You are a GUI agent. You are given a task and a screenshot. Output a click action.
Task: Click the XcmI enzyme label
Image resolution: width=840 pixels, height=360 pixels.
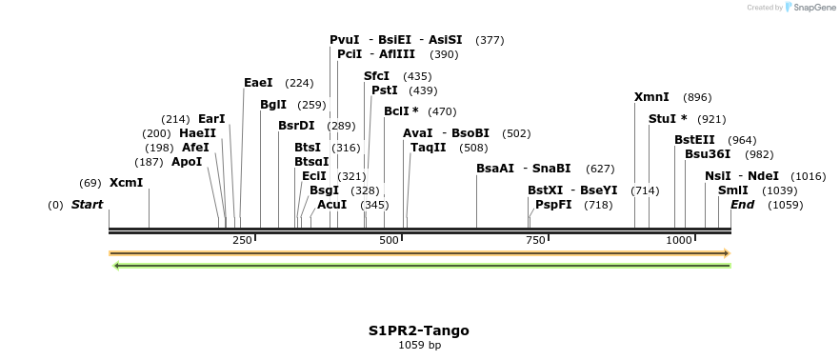click(x=126, y=183)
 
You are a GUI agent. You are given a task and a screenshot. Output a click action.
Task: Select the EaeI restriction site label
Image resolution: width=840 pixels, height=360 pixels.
click(x=258, y=83)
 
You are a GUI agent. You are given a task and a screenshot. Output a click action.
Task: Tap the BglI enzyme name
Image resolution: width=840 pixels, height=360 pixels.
click(x=273, y=105)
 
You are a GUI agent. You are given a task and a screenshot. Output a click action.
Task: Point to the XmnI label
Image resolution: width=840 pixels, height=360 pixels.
click(x=651, y=97)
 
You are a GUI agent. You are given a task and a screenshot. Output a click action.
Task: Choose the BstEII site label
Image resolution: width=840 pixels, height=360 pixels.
click(x=694, y=140)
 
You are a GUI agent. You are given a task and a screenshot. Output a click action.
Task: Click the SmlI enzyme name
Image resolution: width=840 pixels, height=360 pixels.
click(x=733, y=190)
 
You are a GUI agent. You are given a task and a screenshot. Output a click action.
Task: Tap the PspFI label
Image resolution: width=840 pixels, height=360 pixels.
click(x=553, y=205)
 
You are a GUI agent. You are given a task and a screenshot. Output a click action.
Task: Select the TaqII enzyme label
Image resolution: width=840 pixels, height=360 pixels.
click(x=428, y=148)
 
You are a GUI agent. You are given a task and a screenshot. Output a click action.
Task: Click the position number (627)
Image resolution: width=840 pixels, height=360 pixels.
click(x=600, y=169)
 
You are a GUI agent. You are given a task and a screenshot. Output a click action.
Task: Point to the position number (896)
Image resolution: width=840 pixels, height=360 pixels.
click(x=697, y=97)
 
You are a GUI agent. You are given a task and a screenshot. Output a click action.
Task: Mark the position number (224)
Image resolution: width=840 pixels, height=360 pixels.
click(x=299, y=83)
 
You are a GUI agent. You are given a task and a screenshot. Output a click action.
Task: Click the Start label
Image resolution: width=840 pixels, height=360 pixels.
click(x=87, y=205)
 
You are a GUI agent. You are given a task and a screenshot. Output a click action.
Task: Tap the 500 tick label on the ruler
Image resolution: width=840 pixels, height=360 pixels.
click(x=389, y=240)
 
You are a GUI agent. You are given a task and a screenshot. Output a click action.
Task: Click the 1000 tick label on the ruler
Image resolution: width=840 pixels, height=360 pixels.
click(x=679, y=240)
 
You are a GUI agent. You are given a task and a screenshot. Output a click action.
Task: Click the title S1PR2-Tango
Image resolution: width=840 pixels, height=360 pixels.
click(x=419, y=330)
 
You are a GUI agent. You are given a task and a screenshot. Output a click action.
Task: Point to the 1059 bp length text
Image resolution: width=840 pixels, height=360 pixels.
click(x=419, y=345)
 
